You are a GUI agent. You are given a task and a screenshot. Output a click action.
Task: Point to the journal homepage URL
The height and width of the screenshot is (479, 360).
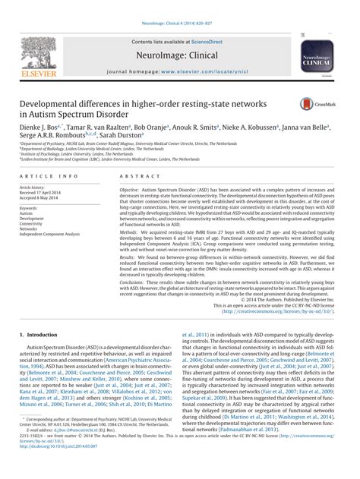point(203,68)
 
